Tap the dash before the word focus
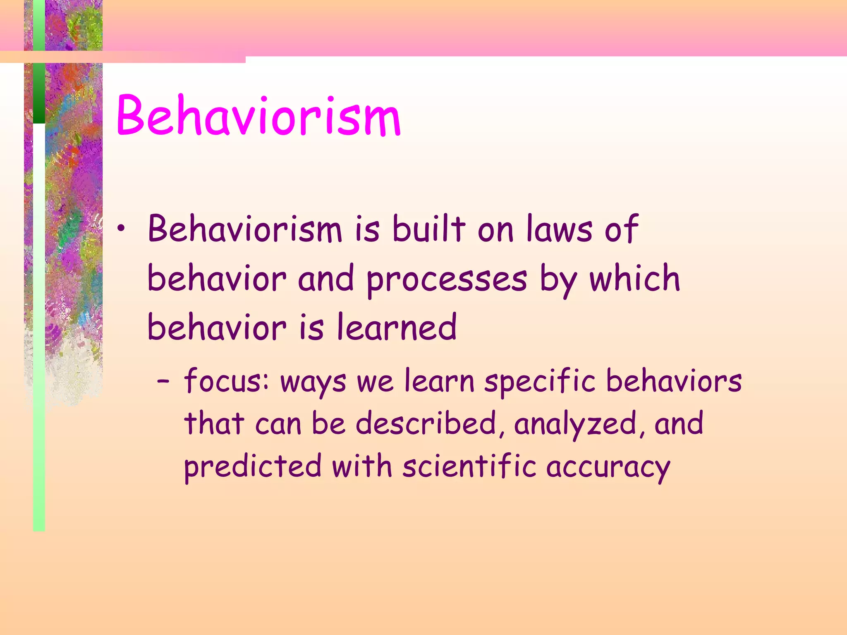[163, 382]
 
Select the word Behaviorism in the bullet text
[245, 229]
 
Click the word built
[429, 229]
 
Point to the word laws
[559, 229]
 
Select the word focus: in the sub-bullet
[227, 381]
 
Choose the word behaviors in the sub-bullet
[674, 381]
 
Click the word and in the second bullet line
[326, 279]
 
